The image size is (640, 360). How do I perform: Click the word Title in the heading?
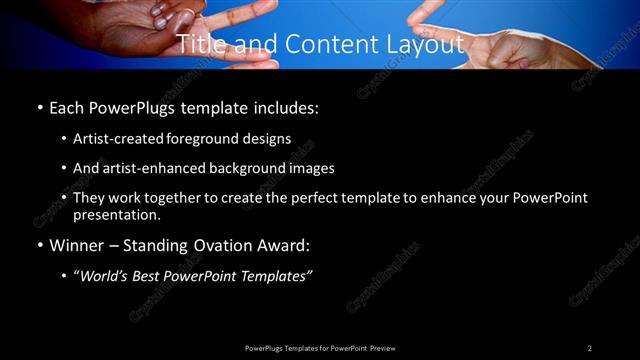(200, 45)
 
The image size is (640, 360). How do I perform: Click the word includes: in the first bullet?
(291, 107)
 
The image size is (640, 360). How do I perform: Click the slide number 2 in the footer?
(589, 347)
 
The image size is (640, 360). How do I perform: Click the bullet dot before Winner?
(40, 245)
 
